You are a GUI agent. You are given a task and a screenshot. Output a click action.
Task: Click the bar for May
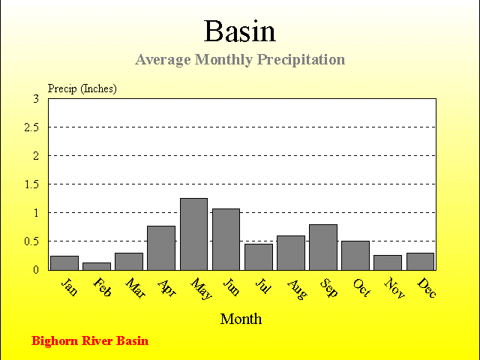click(193, 234)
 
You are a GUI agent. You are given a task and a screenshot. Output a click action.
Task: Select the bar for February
click(97, 266)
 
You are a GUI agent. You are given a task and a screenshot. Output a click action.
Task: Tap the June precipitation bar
click(226, 239)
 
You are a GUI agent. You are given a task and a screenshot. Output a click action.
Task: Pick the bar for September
click(323, 247)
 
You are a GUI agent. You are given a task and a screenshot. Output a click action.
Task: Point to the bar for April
click(161, 248)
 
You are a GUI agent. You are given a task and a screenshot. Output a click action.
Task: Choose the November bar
click(388, 262)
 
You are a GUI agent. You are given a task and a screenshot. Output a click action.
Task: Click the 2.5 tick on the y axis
click(31, 127)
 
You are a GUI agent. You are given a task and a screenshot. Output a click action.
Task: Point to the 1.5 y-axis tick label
click(31, 184)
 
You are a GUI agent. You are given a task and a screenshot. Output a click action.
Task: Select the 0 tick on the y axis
click(36, 270)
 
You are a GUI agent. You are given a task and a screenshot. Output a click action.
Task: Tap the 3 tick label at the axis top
click(36, 98)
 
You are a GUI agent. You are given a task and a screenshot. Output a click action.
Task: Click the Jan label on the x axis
click(70, 286)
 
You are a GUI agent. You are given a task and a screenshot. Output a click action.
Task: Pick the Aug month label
click(297, 289)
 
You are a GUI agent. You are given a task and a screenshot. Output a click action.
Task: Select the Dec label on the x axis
click(427, 287)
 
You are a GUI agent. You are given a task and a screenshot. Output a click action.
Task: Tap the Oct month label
click(361, 287)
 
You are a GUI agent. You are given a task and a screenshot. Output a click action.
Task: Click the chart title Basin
click(240, 31)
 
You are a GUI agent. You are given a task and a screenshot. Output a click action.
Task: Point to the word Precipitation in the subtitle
click(301, 60)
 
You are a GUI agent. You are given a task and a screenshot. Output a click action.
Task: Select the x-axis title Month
click(241, 319)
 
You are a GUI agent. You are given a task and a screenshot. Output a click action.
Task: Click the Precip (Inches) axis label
click(82, 88)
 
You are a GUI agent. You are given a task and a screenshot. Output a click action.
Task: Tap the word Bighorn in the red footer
click(55, 341)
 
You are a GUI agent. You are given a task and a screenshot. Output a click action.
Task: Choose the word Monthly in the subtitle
click(223, 60)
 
